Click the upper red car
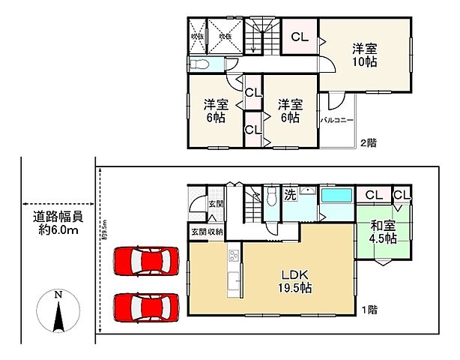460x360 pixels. click(147, 262)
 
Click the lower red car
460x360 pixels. click(147, 306)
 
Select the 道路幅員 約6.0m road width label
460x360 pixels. click(57, 223)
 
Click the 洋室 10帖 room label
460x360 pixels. click(366, 55)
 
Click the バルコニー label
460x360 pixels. click(337, 119)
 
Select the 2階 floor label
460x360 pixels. click(368, 142)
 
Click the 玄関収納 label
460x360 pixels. click(207, 232)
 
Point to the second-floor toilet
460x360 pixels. click(199, 63)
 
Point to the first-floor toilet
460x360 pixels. click(270, 198)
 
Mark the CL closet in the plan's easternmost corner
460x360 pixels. click(402, 194)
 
